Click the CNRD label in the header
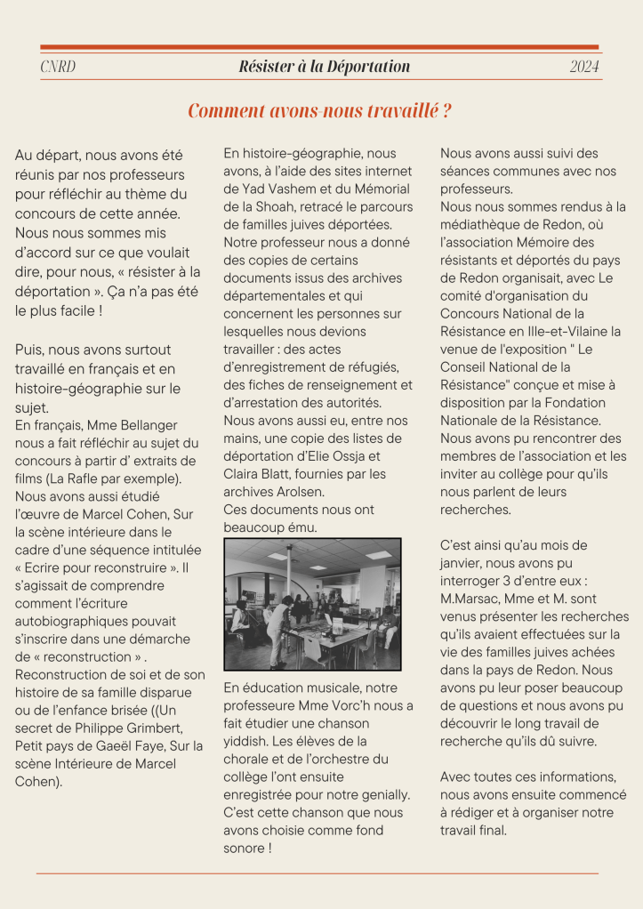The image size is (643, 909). pos(58,67)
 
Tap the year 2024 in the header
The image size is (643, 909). pos(584,67)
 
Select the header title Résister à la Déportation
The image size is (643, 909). pos(325,67)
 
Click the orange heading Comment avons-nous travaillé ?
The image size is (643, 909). pos(320,111)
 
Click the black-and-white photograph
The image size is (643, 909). pos(312,604)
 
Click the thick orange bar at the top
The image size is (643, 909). pos(320,47)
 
